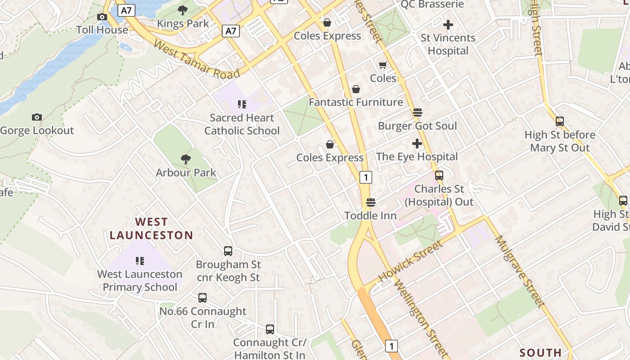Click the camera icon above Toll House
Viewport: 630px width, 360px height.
click(102, 17)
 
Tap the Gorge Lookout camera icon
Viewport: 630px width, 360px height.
click(37, 117)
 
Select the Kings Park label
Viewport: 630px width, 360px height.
click(183, 23)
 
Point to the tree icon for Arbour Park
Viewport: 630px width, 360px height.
click(185, 159)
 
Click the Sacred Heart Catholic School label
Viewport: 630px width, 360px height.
click(242, 124)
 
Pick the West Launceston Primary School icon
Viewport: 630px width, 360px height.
click(140, 261)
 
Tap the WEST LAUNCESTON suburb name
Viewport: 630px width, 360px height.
click(151, 229)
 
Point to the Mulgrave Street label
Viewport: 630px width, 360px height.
click(520, 271)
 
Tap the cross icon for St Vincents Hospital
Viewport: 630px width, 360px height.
click(448, 25)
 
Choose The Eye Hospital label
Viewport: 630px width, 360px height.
click(417, 157)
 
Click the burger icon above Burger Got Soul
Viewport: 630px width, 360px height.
click(418, 112)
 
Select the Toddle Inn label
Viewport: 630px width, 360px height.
click(370, 216)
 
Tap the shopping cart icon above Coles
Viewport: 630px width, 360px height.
click(383, 65)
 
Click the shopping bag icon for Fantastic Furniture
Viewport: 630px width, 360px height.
click(356, 89)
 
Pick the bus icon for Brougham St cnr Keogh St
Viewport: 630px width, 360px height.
click(228, 251)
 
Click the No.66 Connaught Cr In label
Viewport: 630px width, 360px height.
click(202, 317)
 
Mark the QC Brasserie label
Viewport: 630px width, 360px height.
click(432, 4)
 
